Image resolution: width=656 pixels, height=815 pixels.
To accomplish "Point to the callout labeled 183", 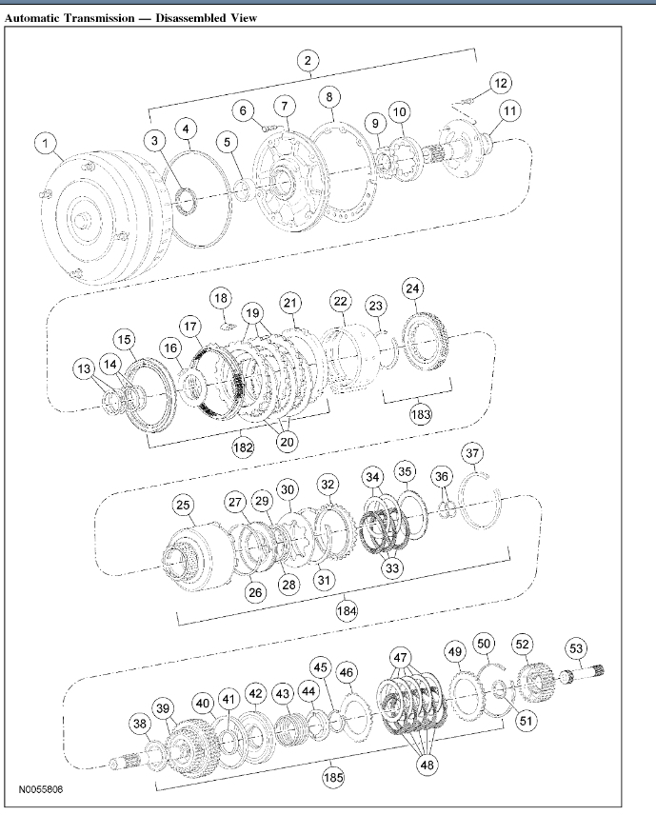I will pos(420,414).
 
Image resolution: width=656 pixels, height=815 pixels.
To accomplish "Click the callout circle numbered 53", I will pos(577,649).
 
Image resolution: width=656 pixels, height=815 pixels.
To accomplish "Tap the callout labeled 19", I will pos(252,312).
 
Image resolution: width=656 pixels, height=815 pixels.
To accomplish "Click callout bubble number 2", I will pos(308,61).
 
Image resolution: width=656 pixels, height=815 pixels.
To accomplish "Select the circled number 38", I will pos(140,725).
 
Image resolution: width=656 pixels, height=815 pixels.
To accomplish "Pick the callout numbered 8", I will pos(328,97).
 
